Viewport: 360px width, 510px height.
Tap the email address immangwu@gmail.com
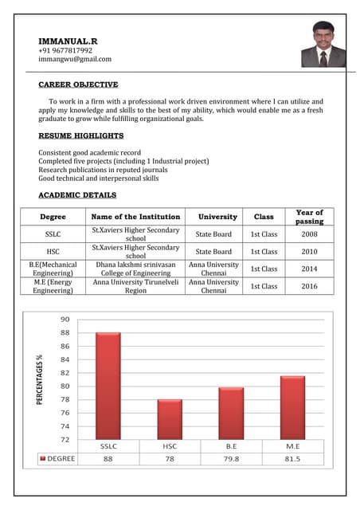click(75, 58)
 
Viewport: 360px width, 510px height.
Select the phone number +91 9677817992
click(65, 49)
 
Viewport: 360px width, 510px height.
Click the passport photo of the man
click(323, 45)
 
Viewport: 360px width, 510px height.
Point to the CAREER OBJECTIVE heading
click(78, 84)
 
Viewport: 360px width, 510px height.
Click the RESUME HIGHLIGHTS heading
click(80, 135)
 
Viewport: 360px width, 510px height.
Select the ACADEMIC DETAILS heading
click(77, 194)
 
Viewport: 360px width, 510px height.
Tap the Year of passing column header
click(309, 216)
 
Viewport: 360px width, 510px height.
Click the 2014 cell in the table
click(309, 269)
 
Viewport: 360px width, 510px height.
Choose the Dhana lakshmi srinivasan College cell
click(136, 269)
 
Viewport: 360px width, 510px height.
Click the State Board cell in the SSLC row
click(213, 234)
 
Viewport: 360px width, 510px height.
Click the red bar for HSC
click(169, 419)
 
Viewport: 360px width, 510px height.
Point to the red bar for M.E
click(292, 407)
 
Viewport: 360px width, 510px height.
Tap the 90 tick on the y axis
click(64, 319)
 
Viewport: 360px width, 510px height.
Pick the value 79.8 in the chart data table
click(231, 458)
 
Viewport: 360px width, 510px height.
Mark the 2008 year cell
click(309, 234)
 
